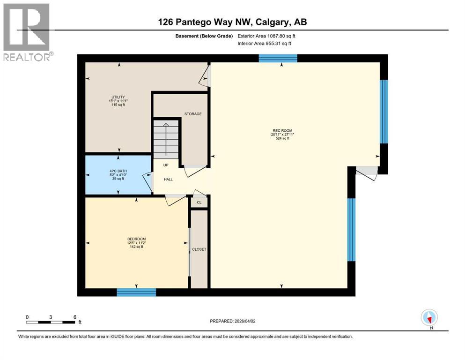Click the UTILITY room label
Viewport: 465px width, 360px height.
(x=118, y=97)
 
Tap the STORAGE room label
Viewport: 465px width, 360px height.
(x=192, y=114)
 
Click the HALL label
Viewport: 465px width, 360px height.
(x=168, y=180)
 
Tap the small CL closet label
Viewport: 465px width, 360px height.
(x=199, y=202)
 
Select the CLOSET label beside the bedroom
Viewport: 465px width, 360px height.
(x=199, y=249)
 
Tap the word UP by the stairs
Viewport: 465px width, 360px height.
(x=166, y=165)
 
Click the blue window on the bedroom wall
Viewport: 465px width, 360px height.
(x=136, y=292)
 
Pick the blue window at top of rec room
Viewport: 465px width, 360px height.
(x=278, y=58)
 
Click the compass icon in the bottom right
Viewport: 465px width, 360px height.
(x=429, y=317)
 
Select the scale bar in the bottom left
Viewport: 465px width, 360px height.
(x=51, y=322)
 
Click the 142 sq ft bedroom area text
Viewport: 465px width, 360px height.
(x=136, y=247)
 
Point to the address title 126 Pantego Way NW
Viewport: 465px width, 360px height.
(x=232, y=22)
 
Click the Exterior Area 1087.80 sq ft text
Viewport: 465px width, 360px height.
(x=267, y=36)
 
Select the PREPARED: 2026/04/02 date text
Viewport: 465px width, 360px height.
(x=232, y=321)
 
